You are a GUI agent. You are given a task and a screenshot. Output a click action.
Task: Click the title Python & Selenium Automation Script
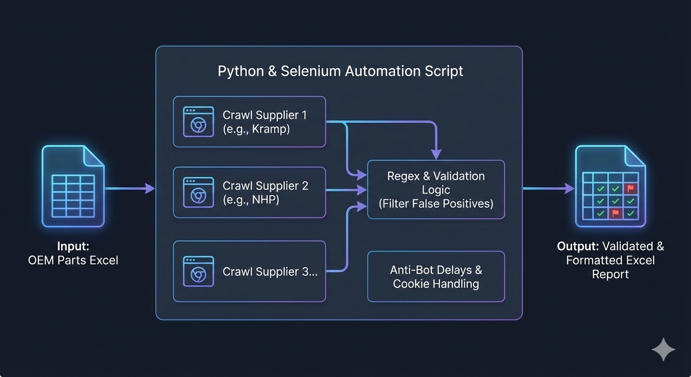point(340,71)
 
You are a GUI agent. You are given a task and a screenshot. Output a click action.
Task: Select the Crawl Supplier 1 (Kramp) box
point(249,122)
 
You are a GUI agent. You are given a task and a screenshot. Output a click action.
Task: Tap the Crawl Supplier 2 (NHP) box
point(249,192)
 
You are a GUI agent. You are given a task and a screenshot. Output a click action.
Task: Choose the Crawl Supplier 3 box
point(249,271)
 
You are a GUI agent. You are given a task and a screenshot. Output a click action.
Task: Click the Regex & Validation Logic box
point(436,189)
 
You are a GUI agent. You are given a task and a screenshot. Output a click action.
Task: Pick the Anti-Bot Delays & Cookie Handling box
point(436,277)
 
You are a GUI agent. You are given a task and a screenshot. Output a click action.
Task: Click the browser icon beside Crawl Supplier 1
point(198,122)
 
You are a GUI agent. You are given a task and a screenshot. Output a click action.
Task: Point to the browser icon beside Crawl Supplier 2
point(198,192)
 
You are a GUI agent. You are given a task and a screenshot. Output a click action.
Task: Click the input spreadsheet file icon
point(73,187)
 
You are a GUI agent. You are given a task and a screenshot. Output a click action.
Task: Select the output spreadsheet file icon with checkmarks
point(610,187)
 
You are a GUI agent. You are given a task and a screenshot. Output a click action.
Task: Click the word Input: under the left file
point(73,246)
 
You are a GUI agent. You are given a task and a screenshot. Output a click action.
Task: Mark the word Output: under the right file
point(578,246)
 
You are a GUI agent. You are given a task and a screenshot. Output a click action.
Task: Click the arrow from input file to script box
point(130,188)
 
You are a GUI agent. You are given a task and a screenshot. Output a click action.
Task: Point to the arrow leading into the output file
point(548,188)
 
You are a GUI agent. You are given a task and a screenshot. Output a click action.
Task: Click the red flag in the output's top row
point(630,188)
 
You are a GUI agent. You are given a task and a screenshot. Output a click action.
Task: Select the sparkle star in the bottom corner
point(663,350)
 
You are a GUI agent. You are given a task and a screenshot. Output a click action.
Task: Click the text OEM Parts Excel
point(73,260)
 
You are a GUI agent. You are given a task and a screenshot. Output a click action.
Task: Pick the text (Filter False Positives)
point(436,203)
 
